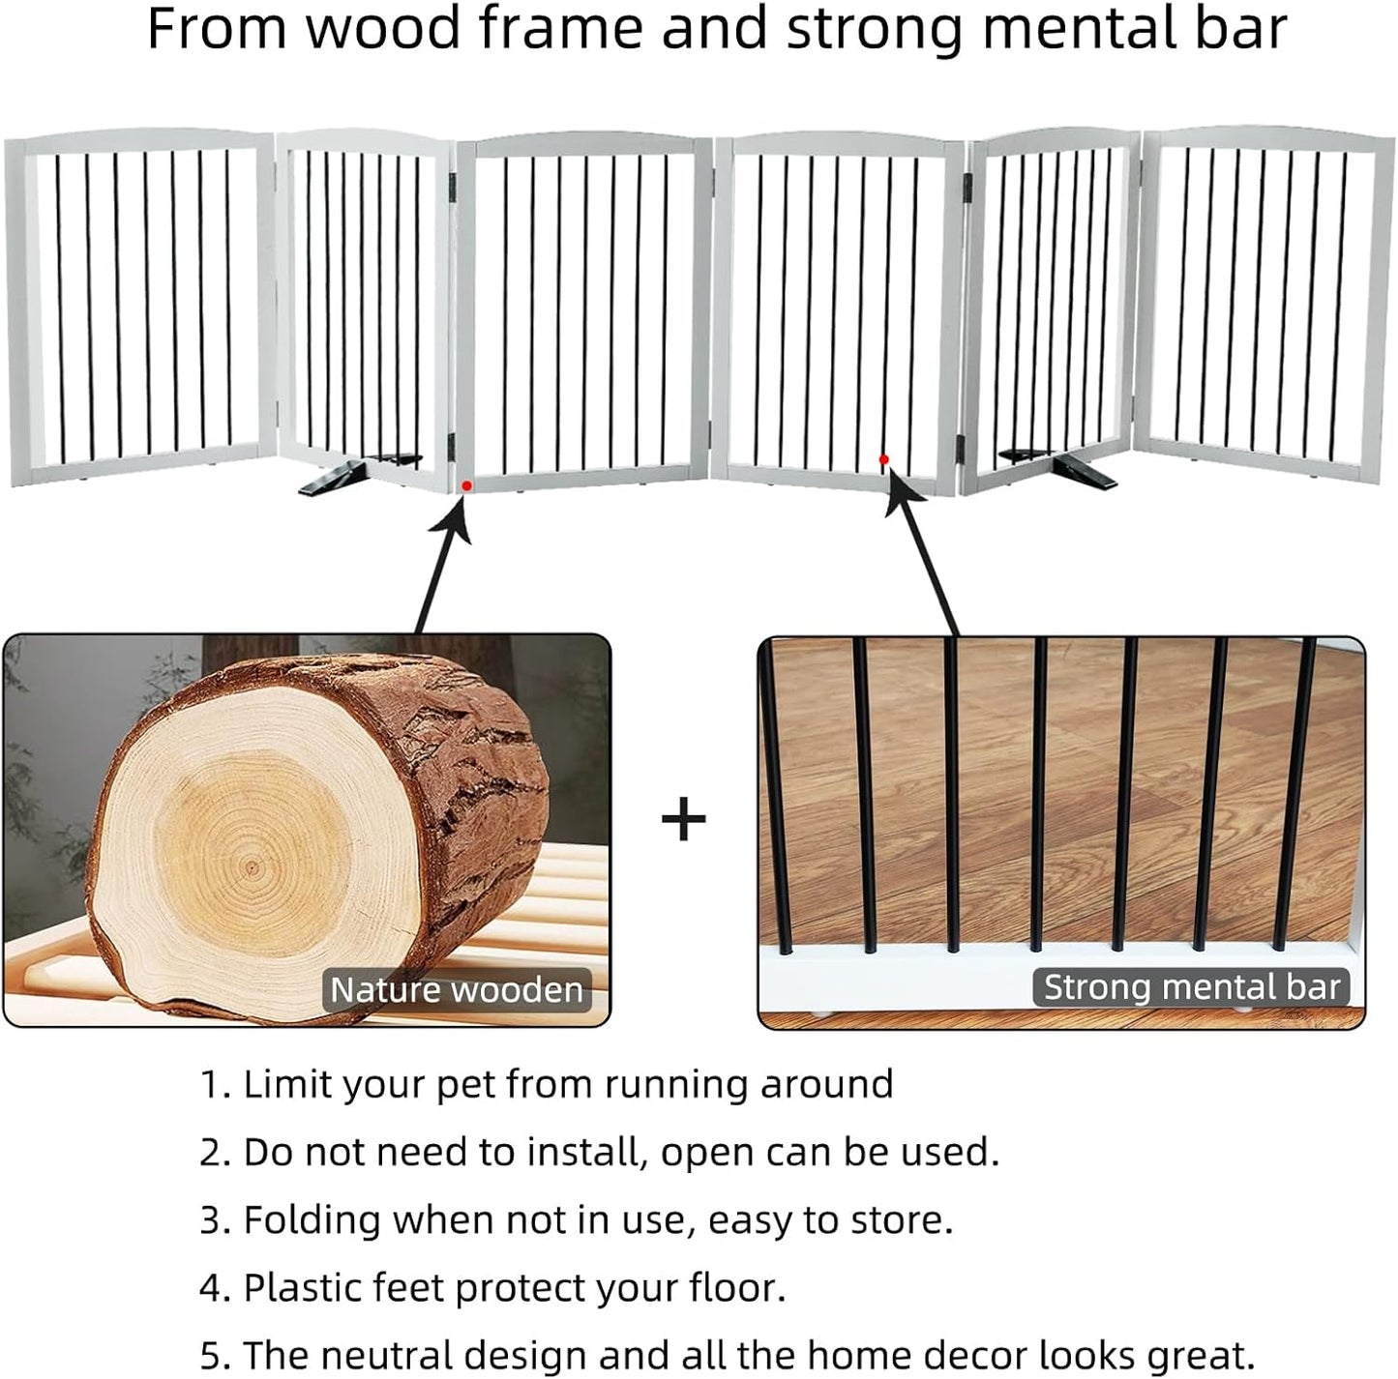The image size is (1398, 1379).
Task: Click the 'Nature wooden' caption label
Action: [457, 990]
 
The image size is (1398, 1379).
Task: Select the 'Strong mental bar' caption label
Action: [1191, 987]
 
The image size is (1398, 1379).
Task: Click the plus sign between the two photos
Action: [684, 820]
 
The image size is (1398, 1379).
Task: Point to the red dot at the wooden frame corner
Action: [466, 485]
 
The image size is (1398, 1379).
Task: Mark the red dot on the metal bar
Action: [883, 459]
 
